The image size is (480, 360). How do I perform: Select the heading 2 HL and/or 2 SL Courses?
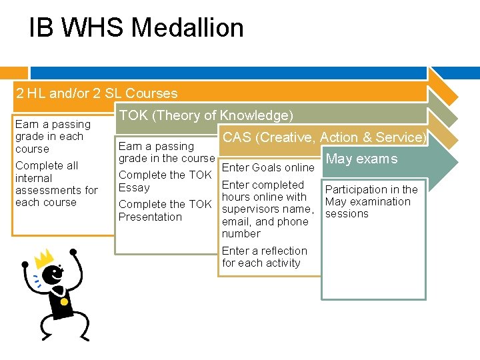click(x=97, y=93)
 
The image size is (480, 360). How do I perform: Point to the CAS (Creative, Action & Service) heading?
click(x=325, y=137)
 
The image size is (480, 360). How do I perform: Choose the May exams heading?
click(x=361, y=159)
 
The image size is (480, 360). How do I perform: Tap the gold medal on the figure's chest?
click(x=64, y=301)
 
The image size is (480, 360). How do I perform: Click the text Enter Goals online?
click(x=267, y=167)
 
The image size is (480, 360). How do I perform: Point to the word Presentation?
click(x=150, y=217)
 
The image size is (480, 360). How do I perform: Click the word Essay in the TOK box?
click(x=134, y=187)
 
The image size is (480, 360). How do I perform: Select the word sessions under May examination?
click(x=347, y=214)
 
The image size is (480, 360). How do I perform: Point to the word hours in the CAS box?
click(x=235, y=197)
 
